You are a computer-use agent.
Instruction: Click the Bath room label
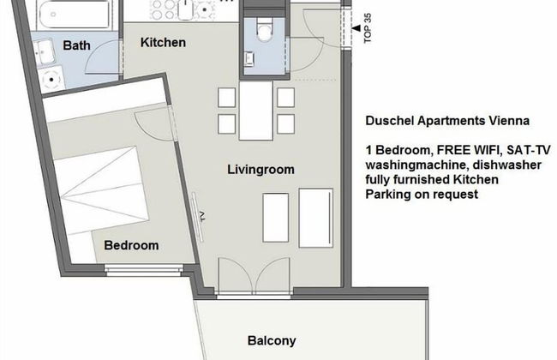[x=77, y=45]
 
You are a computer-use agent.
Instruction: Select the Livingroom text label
[x=261, y=170]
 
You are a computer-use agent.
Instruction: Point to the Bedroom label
[x=131, y=245]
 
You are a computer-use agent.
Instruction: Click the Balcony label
[x=272, y=340]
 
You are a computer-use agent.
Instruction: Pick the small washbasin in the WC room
[x=249, y=58]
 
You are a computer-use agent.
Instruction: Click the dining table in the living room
[x=256, y=110]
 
